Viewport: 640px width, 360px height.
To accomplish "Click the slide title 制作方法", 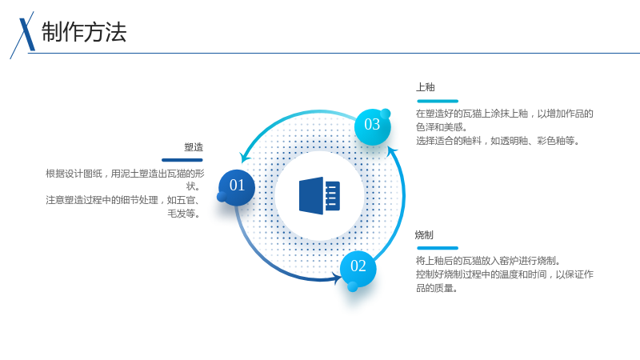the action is [x=84, y=32].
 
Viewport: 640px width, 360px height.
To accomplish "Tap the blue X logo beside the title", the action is [x=23, y=34].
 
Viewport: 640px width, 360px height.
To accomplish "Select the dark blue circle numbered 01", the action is [x=237, y=188].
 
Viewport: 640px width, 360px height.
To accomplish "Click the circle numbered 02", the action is [x=358, y=268].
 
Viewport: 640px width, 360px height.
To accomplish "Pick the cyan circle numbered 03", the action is [x=372, y=126].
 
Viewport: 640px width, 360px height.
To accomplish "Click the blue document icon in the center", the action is [x=319, y=195].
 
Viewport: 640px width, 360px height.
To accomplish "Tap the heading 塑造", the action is [x=194, y=147].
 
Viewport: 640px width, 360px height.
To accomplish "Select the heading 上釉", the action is [x=426, y=87].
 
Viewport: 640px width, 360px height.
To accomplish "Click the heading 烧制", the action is [x=424, y=234].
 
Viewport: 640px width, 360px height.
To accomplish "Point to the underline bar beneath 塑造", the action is [x=182, y=160].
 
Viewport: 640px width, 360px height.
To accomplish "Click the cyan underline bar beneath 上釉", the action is [x=438, y=101].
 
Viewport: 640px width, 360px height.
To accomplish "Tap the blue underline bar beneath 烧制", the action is [x=438, y=248].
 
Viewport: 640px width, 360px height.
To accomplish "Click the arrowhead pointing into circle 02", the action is [x=337, y=278].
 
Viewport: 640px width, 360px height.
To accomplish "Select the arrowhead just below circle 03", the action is [x=392, y=152].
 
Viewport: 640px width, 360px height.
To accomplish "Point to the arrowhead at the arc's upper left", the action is [x=245, y=157].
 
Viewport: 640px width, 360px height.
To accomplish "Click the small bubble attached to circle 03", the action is [x=386, y=114].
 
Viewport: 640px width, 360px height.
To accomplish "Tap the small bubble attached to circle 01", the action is [x=222, y=197].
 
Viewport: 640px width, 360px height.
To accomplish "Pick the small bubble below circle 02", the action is [x=353, y=287].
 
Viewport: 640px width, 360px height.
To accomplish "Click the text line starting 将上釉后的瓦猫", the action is [x=489, y=261].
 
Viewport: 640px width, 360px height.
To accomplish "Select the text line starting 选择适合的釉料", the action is [x=498, y=141].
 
